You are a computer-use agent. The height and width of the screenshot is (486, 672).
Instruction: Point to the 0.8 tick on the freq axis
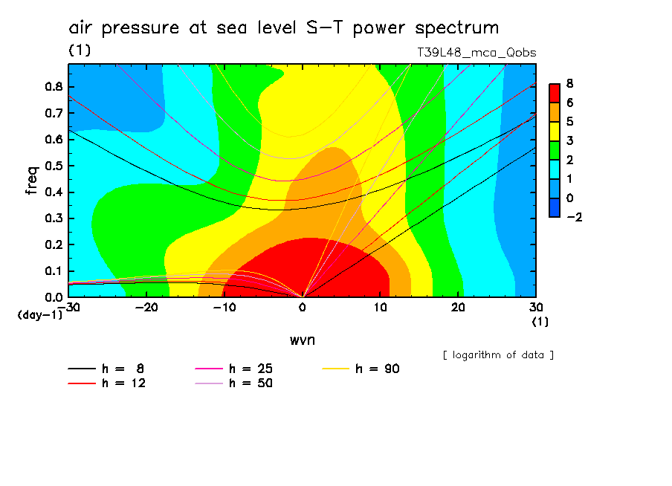[54, 86]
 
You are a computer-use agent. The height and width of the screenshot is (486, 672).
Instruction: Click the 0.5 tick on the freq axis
[54, 166]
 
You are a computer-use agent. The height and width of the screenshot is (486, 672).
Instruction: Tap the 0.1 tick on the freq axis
[54, 271]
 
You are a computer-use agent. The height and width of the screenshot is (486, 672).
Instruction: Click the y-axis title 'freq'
[31, 180]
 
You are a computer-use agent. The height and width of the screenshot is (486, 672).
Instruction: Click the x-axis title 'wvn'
[301, 340]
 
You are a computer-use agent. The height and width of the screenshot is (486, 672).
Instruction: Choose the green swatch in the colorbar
[554, 150]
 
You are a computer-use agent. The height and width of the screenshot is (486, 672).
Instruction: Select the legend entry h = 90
[378, 369]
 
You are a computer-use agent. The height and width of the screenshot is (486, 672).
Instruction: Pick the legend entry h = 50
[251, 383]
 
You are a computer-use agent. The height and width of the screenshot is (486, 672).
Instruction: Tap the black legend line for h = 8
[82, 369]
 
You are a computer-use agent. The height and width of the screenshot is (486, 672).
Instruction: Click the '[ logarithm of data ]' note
[498, 354]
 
